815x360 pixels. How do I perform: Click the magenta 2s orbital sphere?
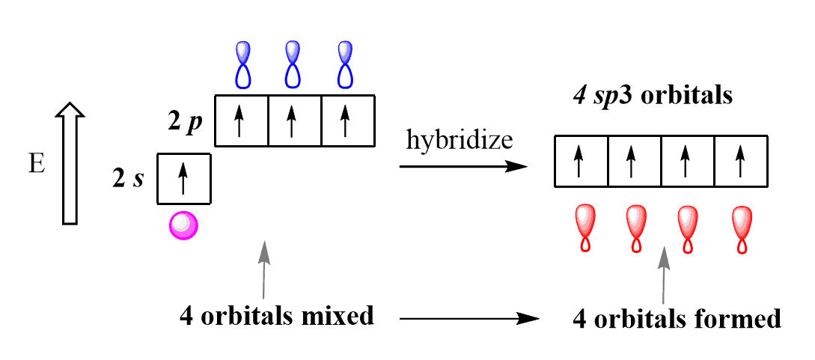183,225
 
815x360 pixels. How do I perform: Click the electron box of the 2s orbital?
183,179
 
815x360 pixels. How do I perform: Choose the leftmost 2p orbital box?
241,120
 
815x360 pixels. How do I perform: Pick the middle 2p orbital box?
294,120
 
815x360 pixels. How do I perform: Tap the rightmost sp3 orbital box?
741,161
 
